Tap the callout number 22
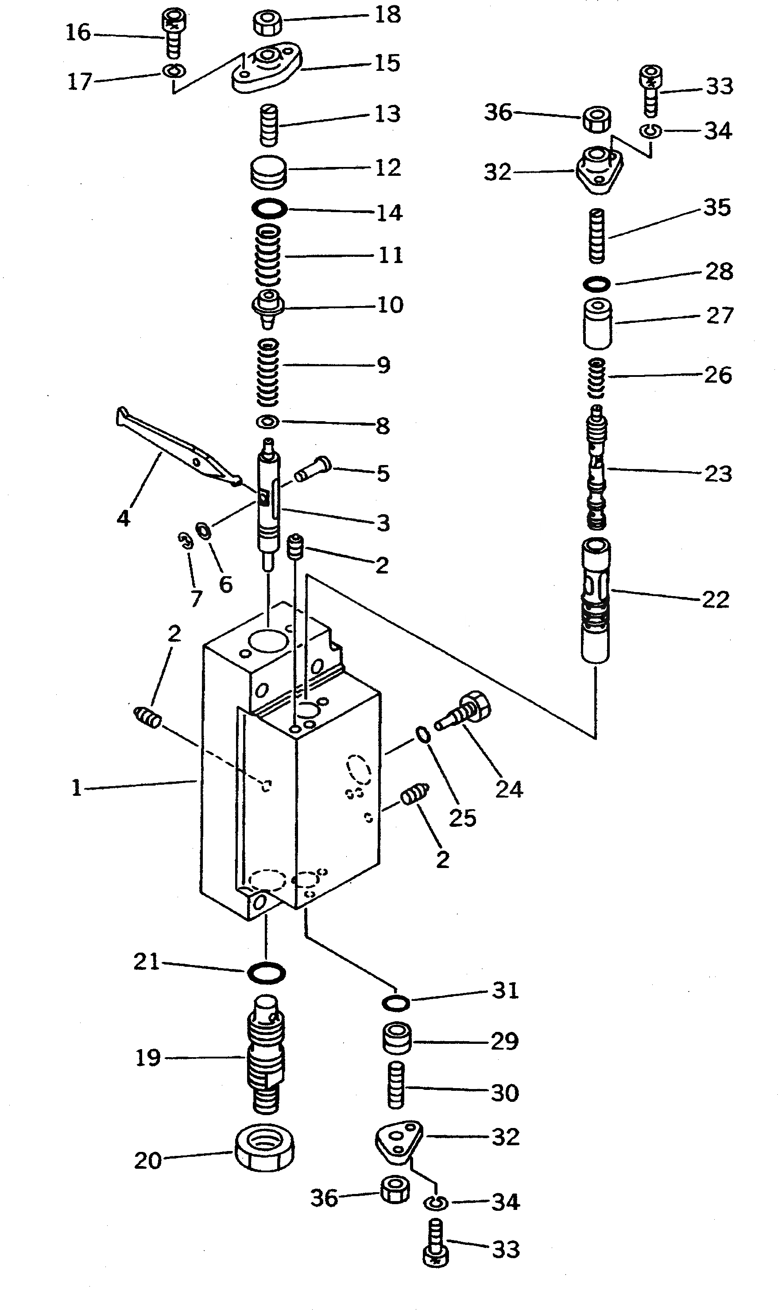coord(716,599)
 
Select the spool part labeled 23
coord(597,466)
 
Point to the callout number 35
coord(716,208)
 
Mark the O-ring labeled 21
coord(266,973)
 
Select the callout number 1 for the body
coord(77,788)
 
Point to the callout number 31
coord(505,990)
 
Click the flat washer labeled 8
coord(267,422)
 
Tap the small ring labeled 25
coord(424,735)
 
